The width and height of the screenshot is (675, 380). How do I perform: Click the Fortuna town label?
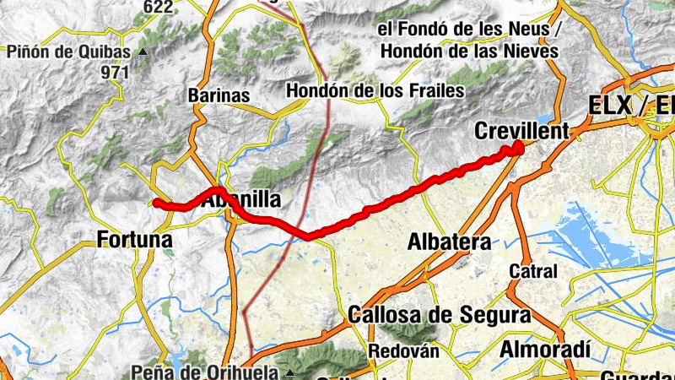[x=135, y=240]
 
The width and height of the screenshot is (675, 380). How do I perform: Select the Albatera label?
[x=449, y=242]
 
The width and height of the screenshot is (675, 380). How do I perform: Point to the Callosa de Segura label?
[x=439, y=316]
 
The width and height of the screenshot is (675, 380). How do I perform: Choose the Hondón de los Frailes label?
[x=375, y=90]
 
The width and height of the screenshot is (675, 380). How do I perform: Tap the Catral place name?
[x=533, y=272]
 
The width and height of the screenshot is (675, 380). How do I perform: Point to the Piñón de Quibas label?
[x=68, y=52]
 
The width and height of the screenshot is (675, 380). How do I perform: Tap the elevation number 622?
[x=158, y=8]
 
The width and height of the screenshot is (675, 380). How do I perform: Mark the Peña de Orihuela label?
[x=207, y=372]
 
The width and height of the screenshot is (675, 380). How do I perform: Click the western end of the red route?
[x=157, y=202]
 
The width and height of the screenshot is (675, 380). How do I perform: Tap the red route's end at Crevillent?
[x=518, y=148]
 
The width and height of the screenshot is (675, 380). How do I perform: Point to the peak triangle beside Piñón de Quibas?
[x=142, y=52]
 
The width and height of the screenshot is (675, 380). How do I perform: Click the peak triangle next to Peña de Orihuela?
[x=291, y=372]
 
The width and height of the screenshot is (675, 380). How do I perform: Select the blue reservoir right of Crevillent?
[x=543, y=121]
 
